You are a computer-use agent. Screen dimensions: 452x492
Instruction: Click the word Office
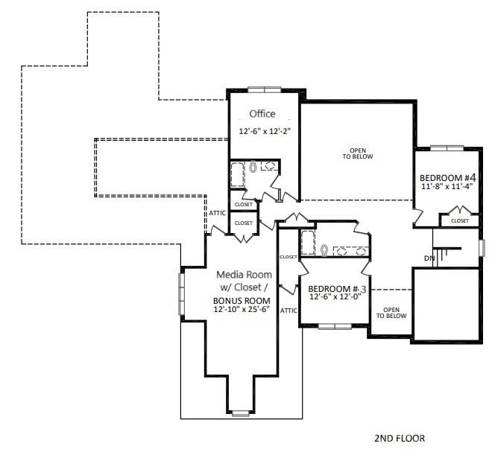click(x=262, y=114)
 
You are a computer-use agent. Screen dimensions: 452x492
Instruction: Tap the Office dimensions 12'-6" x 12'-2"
click(x=264, y=131)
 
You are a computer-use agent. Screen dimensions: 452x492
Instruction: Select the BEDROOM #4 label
click(x=447, y=178)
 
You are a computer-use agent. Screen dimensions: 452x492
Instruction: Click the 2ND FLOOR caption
click(x=399, y=439)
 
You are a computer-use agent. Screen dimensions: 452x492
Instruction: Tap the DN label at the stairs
click(x=429, y=258)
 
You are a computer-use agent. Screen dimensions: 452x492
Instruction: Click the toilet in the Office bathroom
click(x=253, y=168)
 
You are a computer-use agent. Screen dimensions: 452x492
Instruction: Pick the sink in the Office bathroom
click(x=269, y=167)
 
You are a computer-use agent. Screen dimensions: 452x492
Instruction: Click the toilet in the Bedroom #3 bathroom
click(x=324, y=249)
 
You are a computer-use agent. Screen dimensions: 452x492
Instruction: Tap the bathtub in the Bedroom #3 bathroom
click(x=308, y=243)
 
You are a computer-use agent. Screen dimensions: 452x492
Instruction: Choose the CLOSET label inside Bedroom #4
click(x=459, y=220)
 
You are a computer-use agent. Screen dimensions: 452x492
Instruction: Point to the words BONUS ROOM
click(x=241, y=300)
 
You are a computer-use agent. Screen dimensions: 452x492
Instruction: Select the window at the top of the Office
click(x=264, y=90)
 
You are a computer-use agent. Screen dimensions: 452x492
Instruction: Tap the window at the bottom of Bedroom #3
click(x=334, y=326)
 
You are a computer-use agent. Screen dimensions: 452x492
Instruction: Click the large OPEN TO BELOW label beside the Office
click(x=357, y=153)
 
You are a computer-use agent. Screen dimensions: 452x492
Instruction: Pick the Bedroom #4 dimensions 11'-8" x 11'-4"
click(x=447, y=188)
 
